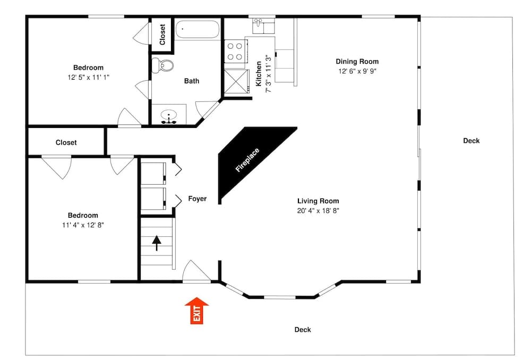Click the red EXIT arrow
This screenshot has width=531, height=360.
(x=196, y=311)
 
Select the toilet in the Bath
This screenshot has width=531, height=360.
(x=163, y=66)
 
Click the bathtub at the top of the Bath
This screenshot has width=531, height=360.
(x=198, y=29)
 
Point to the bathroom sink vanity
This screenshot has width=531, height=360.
(x=169, y=115)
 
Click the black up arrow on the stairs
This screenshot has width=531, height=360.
(x=157, y=243)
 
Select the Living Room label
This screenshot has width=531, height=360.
(x=318, y=201)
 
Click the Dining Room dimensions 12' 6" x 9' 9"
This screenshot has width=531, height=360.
(x=357, y=71)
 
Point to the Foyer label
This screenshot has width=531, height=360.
(x=198, y=199)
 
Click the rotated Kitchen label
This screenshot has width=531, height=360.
(x=259, y=74)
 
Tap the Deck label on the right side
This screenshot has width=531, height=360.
(x=471, y=141)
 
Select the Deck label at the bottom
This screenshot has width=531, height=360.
(x=303, y=330)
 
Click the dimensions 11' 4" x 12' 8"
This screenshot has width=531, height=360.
(x=83, y=225)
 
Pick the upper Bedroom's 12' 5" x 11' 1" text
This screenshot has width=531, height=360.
(x=88, y=78)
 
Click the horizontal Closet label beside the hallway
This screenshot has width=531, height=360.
(x=66, y=142)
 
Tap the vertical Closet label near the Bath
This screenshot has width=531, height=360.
(x=162, y=35)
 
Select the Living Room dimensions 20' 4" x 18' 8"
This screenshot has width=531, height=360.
(x=318, y=211)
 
